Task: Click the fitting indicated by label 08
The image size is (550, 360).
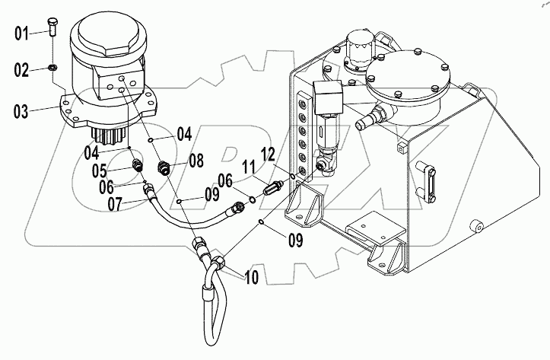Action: (x=163, y=165)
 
